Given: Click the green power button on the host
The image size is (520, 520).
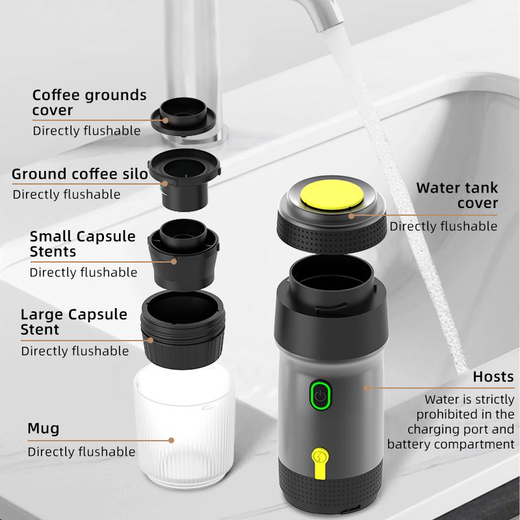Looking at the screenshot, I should click(x=320, y=395).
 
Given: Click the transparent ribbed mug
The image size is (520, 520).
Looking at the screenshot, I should click(x=183, y=429).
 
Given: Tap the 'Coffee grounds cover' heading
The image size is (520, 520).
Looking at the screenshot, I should click(x=89, y=102).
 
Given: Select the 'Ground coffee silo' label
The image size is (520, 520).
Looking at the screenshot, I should click(x=80, y=174).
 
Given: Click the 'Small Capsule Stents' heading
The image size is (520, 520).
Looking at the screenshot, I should click(x=83, y=243).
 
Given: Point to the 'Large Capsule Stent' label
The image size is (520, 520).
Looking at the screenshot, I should click(x=73, y=322).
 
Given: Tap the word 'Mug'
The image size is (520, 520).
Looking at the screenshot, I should click(x=43, y=428).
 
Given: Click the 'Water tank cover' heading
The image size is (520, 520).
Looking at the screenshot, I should click(x=457, y=196).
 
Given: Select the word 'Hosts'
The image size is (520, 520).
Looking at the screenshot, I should click(x=493, y=376).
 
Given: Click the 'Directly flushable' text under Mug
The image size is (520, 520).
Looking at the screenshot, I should click(x=81, y=451).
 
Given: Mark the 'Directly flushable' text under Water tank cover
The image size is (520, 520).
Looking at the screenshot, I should click(x=443, y=226).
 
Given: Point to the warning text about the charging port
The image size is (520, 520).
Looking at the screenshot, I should click(x=455, y=422).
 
